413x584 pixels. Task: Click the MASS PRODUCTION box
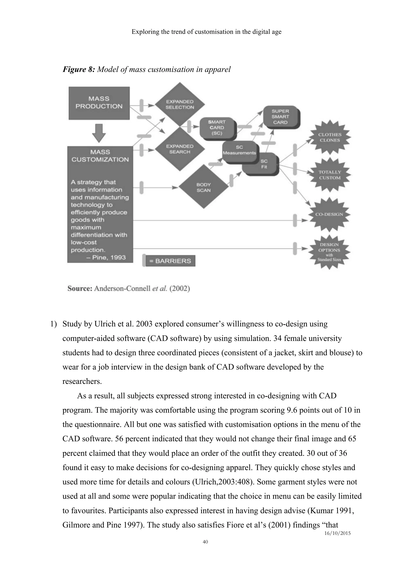coord(99,103)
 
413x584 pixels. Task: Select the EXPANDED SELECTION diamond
coord(180,104)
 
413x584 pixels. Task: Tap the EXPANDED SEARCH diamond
coord(180,149)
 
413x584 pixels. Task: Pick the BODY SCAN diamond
coord(203,187)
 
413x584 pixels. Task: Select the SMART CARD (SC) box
coord(217,128)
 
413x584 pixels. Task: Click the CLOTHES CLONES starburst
coord(330,137)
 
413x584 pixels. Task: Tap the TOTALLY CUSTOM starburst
coord(330,175)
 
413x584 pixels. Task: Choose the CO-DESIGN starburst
coord(329,214)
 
